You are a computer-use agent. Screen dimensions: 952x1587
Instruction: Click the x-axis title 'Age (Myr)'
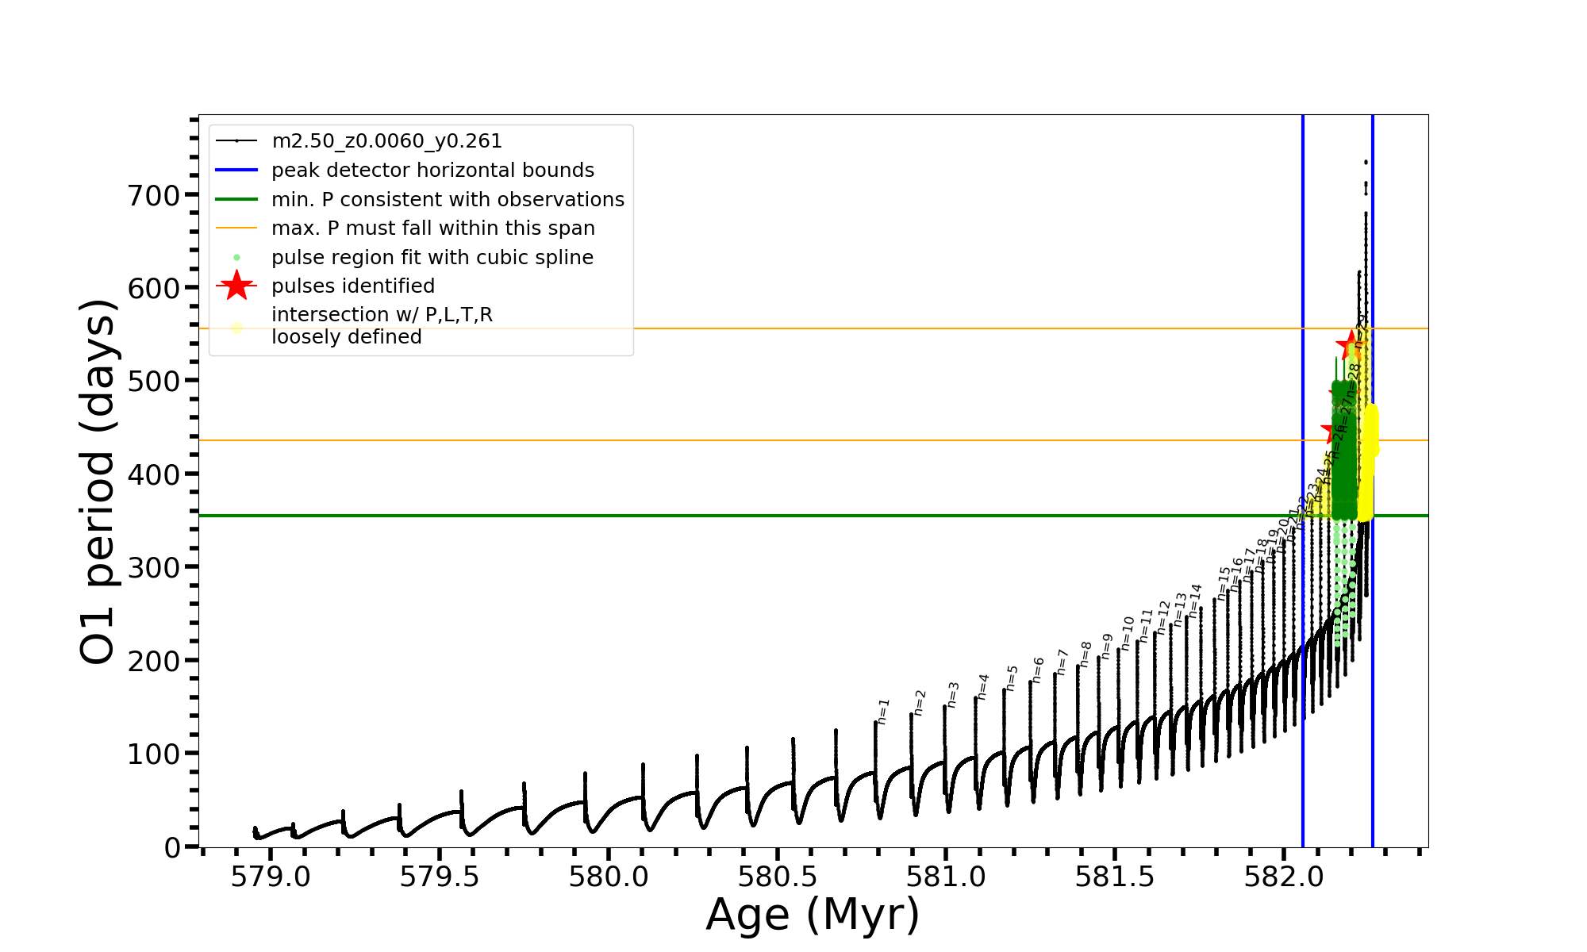(x=813, y=915)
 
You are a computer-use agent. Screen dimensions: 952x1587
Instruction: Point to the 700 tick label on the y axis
(x=154, y=195)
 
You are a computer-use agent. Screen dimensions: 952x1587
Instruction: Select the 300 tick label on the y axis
(x=154, y=567)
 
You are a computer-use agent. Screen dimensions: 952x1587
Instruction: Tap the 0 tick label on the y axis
(x=172, y=847)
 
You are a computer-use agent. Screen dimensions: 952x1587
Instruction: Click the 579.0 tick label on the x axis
(x=271, y=877)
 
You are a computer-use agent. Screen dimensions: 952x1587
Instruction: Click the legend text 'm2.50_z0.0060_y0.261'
(x=386, y=141)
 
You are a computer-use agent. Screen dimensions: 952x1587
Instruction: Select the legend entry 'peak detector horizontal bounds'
(x=432, y=171)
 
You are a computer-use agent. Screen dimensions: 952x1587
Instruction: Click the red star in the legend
(x=236, y=286)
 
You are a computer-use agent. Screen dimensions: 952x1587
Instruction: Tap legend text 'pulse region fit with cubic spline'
(x=432, y=258)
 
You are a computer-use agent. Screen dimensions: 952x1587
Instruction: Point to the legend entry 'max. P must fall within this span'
(x=432, y=228)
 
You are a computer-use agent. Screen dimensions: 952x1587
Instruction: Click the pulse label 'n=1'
(x=884, y=711)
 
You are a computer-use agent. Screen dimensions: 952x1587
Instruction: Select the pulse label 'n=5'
(x=1012, y=678)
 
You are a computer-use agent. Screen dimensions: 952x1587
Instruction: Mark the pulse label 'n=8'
(x=1086, y=654)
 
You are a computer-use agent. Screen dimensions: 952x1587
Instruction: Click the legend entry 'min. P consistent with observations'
(x=448, y=200)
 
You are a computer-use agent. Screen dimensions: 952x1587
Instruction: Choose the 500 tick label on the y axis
(x=154, y=381)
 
